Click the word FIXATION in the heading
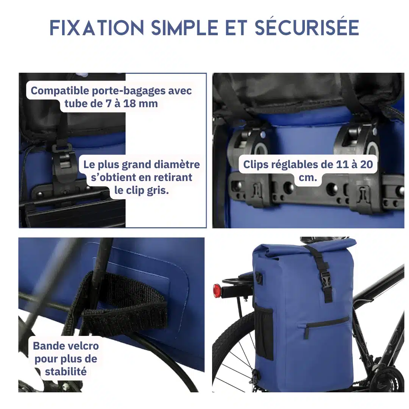pos(97,27)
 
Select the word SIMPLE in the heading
pos(185,27)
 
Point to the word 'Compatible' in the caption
pos(60,91)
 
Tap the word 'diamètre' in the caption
pos(177,165)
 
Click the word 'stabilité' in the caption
pos(66,372)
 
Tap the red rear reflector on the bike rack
pos(217,290)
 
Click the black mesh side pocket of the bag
pos(264,331)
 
